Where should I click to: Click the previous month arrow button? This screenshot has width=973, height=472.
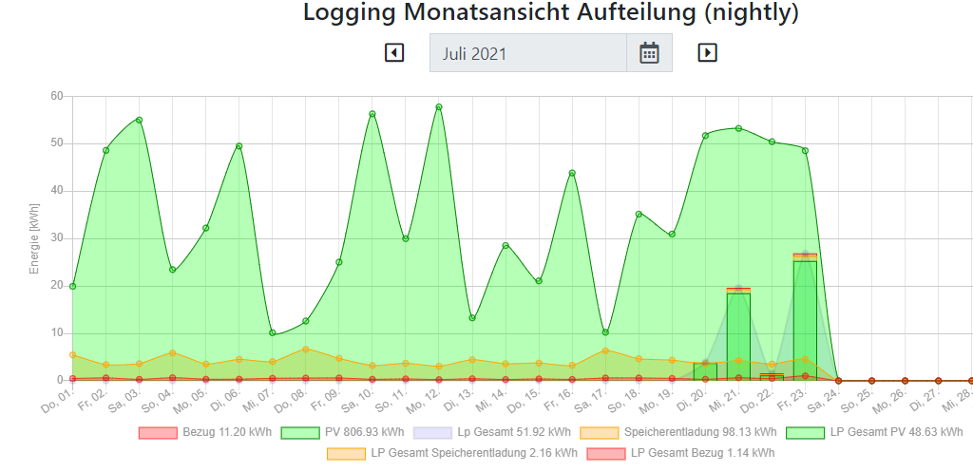click(x=394, y=53)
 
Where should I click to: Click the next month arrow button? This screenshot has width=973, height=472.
click(x=707, y=53)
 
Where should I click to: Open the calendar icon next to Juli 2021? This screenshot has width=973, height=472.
click(x=649, y=53)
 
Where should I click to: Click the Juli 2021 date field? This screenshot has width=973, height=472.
click(x=527, y=53)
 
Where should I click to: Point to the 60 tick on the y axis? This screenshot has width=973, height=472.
click(x=56, y=96)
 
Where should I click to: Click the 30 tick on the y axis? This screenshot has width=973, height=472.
click(x=56, y=237)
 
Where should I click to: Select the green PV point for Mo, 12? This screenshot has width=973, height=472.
click(x=439, y=107)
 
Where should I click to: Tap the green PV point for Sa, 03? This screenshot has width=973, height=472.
click(x=139, y=120)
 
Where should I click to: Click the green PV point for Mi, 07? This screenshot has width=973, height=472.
click(x=273, y=332)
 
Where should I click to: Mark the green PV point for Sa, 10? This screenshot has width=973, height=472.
click(x=372, y=114)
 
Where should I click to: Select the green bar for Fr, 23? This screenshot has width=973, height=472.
click(x=805, y=319)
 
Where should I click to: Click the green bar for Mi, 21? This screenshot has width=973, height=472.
click(x=738, y=336)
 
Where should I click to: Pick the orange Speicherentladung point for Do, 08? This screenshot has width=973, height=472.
click(x=306, y=349)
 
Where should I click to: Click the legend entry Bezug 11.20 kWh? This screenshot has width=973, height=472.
click(x=205, y=432)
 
